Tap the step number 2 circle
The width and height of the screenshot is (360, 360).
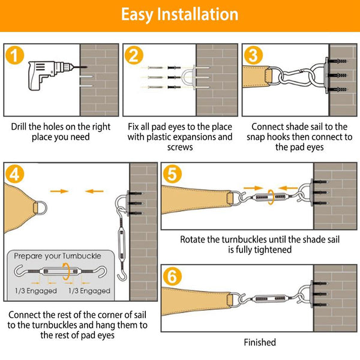135,56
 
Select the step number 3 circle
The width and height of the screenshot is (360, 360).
253,56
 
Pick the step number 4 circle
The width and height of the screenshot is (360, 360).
19,175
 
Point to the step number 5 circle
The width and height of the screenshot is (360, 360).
173,175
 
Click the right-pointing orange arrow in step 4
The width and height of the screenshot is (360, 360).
59,191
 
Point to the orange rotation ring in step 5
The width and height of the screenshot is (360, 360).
272,197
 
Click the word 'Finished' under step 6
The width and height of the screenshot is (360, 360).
260,342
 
